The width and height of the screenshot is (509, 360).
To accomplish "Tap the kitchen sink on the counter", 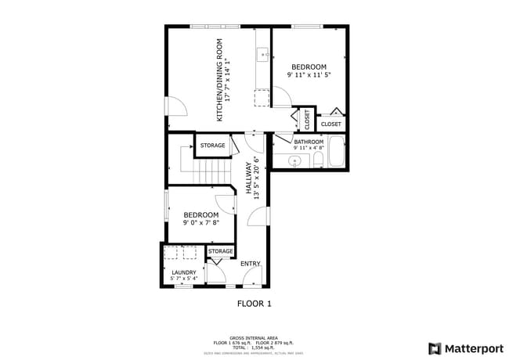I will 262,54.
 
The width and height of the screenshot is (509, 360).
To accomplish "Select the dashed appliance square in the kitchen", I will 262,97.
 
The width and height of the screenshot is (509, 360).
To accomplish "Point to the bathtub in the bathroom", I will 336,153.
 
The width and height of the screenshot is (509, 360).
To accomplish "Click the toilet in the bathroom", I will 319,160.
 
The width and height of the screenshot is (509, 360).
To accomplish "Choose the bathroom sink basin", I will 294,160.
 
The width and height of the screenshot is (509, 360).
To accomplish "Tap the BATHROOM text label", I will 308,142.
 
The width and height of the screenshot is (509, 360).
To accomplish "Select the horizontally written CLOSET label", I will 330,124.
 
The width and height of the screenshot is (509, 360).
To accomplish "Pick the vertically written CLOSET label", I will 307,120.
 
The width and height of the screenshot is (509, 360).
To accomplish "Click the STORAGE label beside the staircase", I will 212,146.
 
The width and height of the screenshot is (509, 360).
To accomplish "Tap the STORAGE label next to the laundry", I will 220,251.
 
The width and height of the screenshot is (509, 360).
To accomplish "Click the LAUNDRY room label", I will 183,272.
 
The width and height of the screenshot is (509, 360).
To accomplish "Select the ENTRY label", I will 250,264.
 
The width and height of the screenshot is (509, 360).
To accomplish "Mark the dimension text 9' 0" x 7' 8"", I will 200,222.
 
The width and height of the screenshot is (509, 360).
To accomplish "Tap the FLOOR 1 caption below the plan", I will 254,303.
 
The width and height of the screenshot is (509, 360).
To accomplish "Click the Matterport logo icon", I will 434,348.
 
